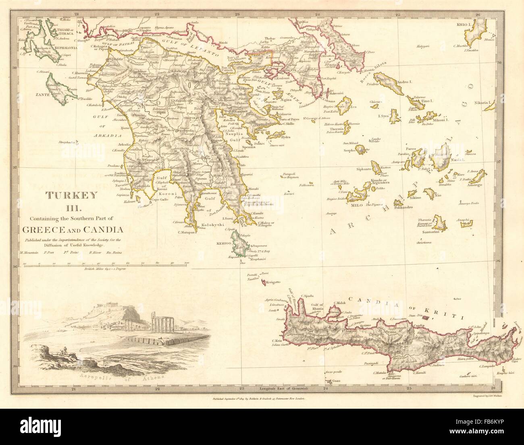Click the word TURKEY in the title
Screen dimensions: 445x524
[x=71, y=195]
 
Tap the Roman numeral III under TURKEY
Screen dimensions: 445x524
[x=71, y=207]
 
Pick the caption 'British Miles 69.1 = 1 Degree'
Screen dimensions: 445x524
[x=105, y=268]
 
